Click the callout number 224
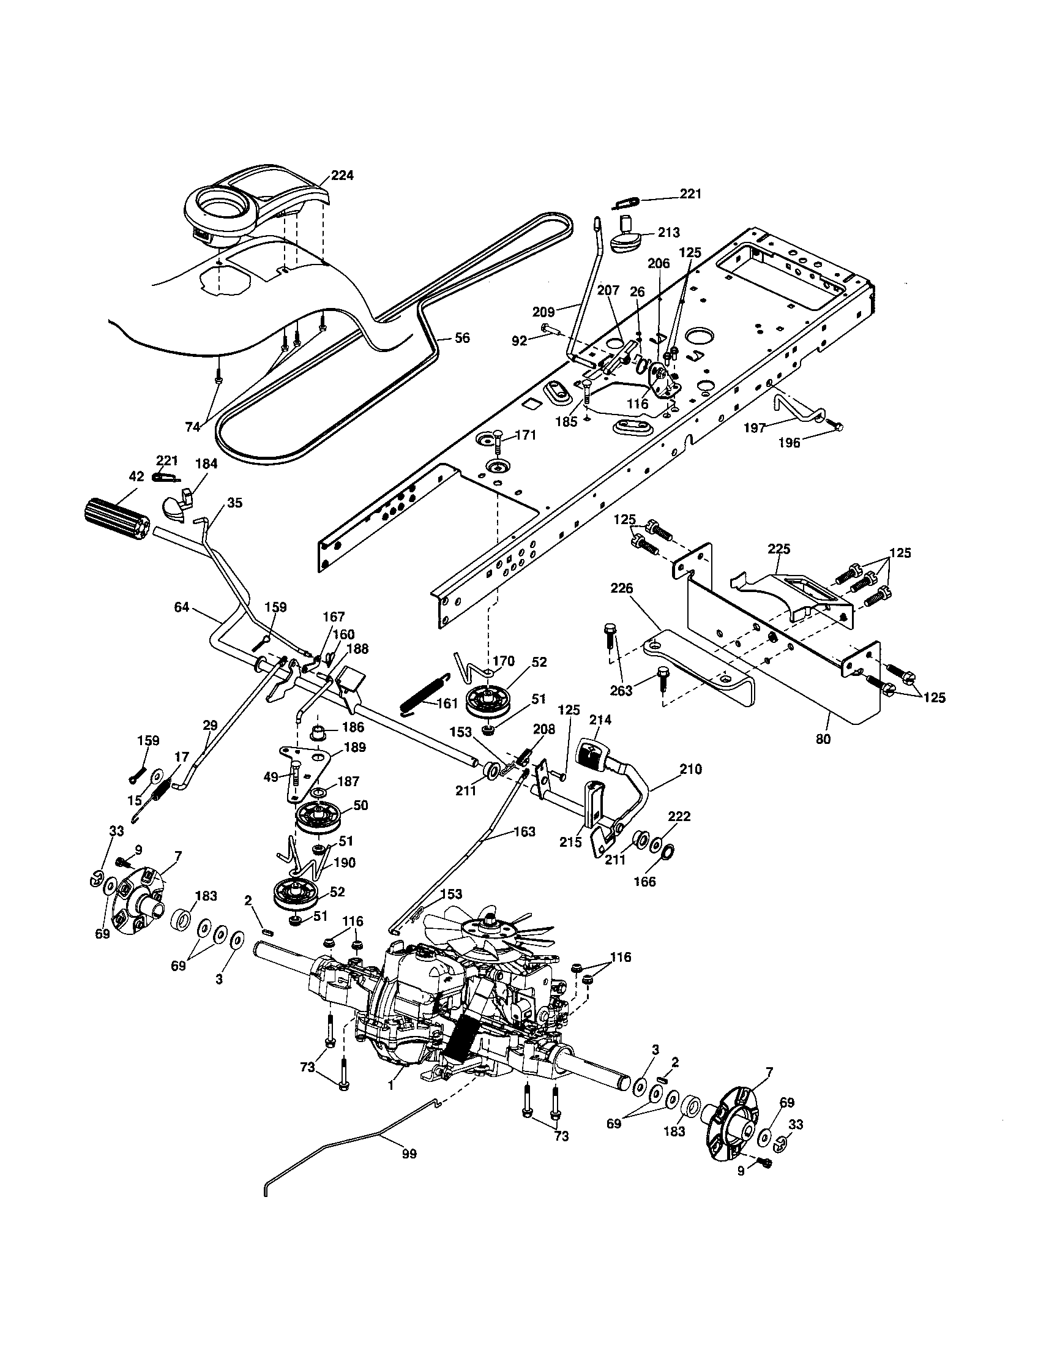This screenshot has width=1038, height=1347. coord(342,175)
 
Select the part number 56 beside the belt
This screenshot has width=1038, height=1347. coord(461,337)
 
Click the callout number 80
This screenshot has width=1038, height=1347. coord(823,738)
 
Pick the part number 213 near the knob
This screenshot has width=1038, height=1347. coord(668,233)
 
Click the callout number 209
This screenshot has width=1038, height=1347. coord(542,312)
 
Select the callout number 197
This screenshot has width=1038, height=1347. coord(755,427)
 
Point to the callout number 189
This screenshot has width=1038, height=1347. coord(355,747)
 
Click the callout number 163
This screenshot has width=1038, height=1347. coord(524,831)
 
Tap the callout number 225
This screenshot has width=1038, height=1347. coord(779,549)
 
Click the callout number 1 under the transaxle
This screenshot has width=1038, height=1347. coord(390,1087)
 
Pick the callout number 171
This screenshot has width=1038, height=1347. coord(526,435)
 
